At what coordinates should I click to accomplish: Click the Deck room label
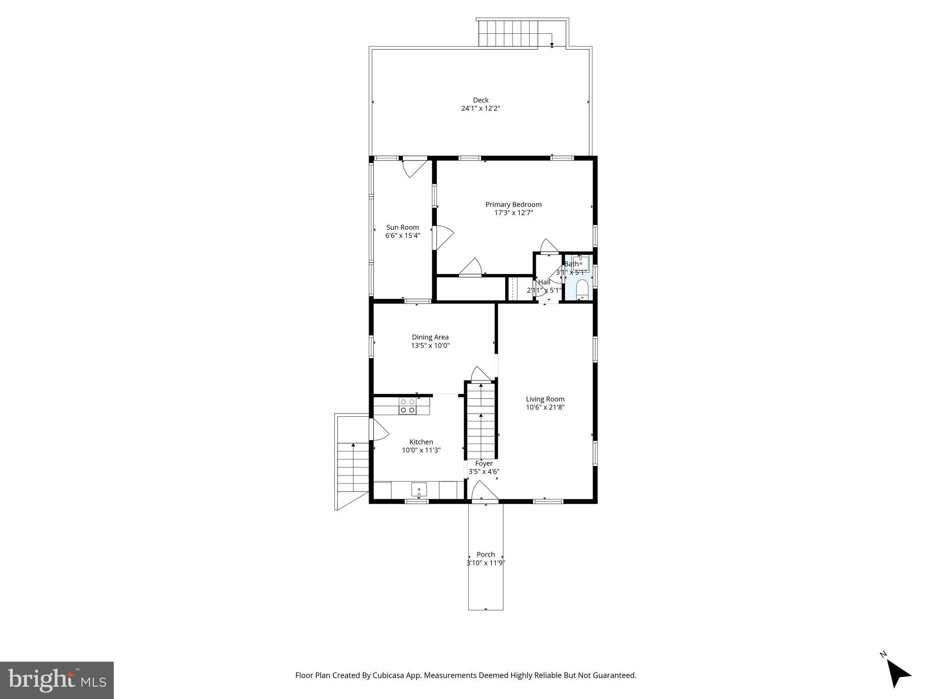pos(481,100)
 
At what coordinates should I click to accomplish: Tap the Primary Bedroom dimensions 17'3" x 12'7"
pos(513,213)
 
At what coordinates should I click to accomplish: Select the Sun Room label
pos(402,227)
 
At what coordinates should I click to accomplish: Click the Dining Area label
pos(430,337)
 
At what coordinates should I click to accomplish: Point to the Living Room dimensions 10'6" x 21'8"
pos(545,407)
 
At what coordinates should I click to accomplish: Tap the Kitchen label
pos(421,442)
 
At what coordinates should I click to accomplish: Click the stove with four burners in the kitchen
pos(407,406)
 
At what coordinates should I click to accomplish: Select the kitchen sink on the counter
pos(419,490)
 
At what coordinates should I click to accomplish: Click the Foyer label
pos(484,463)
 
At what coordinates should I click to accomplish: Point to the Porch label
pos(486,554)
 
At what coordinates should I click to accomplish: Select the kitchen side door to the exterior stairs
pos(379,430)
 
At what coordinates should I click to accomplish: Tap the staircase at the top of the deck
pos(507,34)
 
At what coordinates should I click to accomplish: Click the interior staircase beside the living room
pos(481,421)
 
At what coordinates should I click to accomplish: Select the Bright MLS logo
pos(57,680)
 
